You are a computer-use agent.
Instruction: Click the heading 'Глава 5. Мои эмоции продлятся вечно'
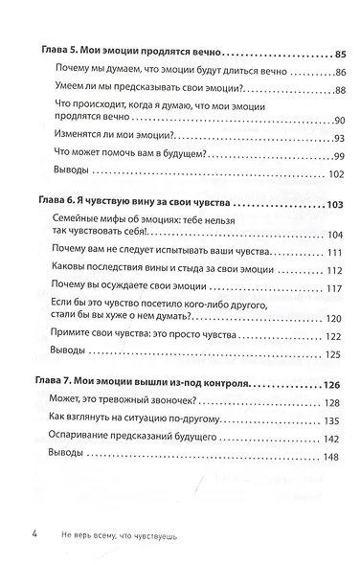[x=128, y=52]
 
